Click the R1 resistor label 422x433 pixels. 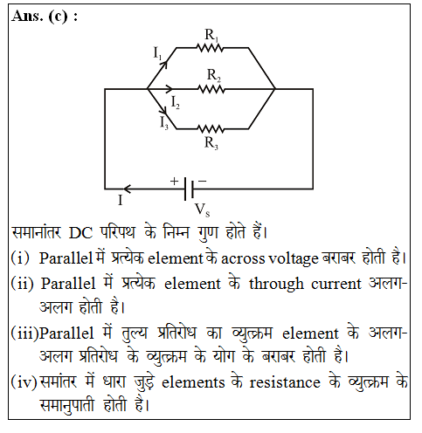click(211, 36)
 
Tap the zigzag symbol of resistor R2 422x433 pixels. click(211, 89)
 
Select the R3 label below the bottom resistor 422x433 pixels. click(211, 143)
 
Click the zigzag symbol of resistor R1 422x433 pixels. click(210, 48)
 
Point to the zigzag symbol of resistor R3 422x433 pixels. click(211, 128)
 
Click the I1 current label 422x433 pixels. click(157, 54)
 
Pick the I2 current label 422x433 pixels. click(176, 103)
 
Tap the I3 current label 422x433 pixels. click(164, 122)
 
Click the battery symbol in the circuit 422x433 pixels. click(190, 189)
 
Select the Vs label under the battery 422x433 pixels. click(202, 210)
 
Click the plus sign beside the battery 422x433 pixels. click(174, 181)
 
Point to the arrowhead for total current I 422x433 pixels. click(128, 189)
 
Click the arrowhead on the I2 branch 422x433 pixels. click(169, 88)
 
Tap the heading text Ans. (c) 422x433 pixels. click(45, 17)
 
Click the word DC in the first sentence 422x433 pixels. click(80, 233)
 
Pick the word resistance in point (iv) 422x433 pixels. click(285, 382)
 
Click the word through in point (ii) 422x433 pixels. click(276, 284)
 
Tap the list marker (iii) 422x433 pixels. click(24, 333)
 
